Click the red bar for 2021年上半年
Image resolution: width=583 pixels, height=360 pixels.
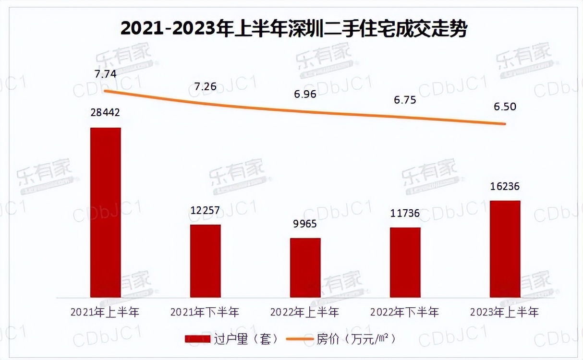105,213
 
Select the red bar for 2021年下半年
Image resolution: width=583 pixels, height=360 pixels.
205,261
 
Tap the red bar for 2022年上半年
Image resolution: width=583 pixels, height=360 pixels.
305,268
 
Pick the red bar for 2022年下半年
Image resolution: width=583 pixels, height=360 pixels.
405,263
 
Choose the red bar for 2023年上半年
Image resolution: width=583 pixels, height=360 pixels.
505,249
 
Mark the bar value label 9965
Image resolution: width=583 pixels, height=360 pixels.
305,225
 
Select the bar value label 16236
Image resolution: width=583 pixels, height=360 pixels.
505,186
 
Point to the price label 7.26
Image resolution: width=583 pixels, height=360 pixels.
205,87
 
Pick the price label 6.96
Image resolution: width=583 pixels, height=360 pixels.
305,94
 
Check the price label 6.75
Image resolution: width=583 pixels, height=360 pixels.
405,100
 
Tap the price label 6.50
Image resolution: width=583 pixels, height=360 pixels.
505,107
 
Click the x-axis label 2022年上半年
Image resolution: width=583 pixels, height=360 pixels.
305,312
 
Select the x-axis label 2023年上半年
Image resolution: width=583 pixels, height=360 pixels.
505,312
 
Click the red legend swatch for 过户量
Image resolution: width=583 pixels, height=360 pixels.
197,339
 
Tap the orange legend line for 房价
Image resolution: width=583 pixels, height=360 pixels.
299,339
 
